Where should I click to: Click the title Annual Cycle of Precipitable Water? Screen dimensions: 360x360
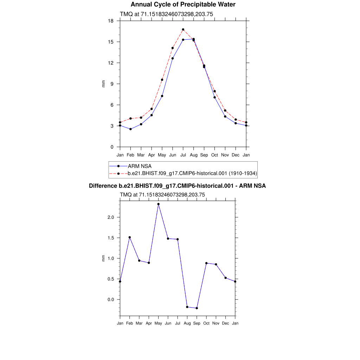pos(183,5)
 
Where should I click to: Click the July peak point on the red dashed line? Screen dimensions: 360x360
pos(183,30)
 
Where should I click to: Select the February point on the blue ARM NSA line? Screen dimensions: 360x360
pos(130,129)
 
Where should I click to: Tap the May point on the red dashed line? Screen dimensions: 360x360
pos(162,80)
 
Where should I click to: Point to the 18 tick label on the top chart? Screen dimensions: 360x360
pos(111,21)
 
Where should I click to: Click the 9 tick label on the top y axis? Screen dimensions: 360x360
pos(112,84)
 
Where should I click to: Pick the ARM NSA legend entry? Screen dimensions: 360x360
pos(140,166)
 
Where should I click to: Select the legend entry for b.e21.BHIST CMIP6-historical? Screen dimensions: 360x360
pos(192,173)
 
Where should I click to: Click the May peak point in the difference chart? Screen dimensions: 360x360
pos(159,204)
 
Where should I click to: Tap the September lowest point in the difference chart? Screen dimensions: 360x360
pos(197,308)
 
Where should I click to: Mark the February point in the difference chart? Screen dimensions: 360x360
pos(130,237)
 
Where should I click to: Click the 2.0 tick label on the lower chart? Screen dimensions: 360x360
pos(111,217)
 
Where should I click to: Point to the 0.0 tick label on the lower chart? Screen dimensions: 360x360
pos(111,300)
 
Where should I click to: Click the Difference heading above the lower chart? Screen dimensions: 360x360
pos(177,186)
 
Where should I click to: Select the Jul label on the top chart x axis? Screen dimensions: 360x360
pos(183,155)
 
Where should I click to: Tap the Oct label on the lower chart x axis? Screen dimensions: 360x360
pos(206,323)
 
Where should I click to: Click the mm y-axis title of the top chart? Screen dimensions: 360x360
pos(103,84)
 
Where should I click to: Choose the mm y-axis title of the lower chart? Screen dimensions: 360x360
pos(103,258)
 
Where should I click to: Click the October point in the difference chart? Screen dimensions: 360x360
pos(206,263)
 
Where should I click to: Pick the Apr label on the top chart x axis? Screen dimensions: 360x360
pos(152,155)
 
